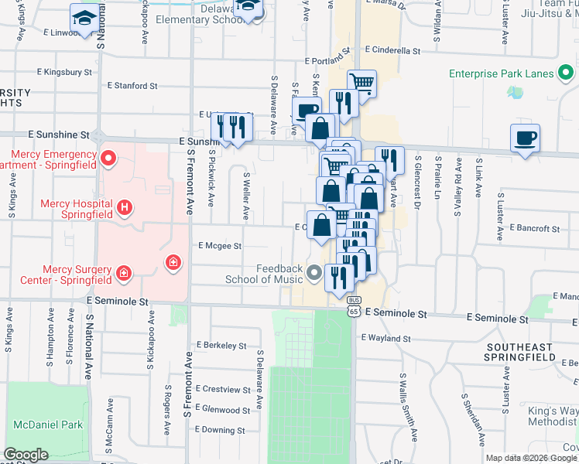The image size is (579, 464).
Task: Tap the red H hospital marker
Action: pyautogui.click(x=125, y=207)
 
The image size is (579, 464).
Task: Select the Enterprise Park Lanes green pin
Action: pyautogui.click(x=567, y=73)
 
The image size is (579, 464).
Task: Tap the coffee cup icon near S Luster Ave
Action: pyautogui.click(x=525, y=138)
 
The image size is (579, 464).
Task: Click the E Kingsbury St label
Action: pyautogui.click(x=64, y=72)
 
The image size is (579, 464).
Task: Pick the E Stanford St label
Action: pyautogui.click(x=132, y=86)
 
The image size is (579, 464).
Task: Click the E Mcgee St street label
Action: pyautogui.click(x=221, y=246)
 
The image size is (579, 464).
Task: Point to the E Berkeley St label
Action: pyautogui.click(x=221, y=346)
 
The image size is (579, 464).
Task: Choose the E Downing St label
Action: pyautogui.click(x=221, y=431)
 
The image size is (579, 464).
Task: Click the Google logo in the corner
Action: pyautogui.click(x=26, y=455)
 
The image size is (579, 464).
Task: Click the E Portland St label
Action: pyautogui.click(x=327, y=60)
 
